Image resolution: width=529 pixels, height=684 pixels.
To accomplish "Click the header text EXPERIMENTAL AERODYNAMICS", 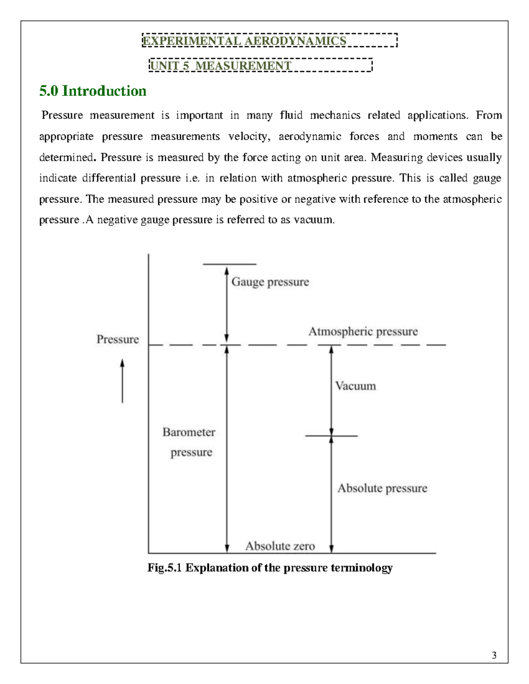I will coord(244,41).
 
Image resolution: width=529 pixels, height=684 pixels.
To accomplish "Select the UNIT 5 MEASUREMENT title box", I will coord(261,66).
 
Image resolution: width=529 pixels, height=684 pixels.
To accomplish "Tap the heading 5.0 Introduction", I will coord(93,91).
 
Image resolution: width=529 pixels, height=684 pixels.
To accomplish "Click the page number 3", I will coord(494,655).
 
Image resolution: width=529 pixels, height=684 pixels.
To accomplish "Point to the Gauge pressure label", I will coord(270,282).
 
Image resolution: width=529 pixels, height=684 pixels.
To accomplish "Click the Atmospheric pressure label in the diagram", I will coord(363,331).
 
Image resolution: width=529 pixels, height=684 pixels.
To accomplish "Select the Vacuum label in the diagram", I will coord(355,386).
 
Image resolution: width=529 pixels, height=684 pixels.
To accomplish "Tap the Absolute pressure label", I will coord(382,488).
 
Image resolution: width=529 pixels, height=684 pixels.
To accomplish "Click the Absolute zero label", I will coord(280,546).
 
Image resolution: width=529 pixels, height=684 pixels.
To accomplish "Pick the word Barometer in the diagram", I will coord(189,432).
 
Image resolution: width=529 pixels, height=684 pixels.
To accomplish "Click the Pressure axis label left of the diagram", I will coord(118,339).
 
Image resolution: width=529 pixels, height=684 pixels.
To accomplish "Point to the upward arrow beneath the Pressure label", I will coord(123,381).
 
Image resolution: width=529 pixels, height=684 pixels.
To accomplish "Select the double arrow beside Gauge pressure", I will coord(227,304).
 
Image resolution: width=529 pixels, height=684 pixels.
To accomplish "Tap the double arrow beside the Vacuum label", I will coord(332,390).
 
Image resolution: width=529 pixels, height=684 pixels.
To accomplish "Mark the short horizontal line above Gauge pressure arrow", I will coord(229,264).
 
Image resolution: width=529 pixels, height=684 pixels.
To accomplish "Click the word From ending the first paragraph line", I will coord(489,115).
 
